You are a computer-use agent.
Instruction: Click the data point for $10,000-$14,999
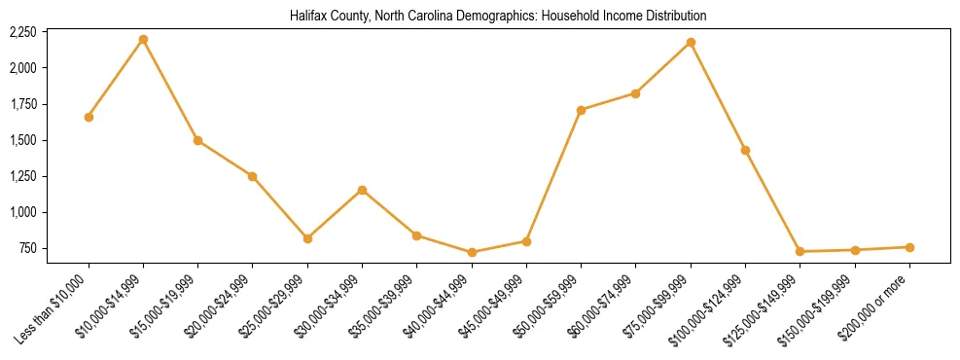143,39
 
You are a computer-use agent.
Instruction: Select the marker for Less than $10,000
89,117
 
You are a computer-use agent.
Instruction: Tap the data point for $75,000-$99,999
691,42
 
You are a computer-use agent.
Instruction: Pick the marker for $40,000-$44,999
472,252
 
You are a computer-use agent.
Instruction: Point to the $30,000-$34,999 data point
362,190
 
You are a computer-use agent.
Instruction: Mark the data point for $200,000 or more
909,247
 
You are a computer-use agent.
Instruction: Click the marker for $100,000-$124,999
745,150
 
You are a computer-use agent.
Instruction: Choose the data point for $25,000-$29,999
307,238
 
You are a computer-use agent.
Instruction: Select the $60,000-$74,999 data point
635,93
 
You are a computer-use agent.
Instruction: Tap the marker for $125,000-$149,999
800,252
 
